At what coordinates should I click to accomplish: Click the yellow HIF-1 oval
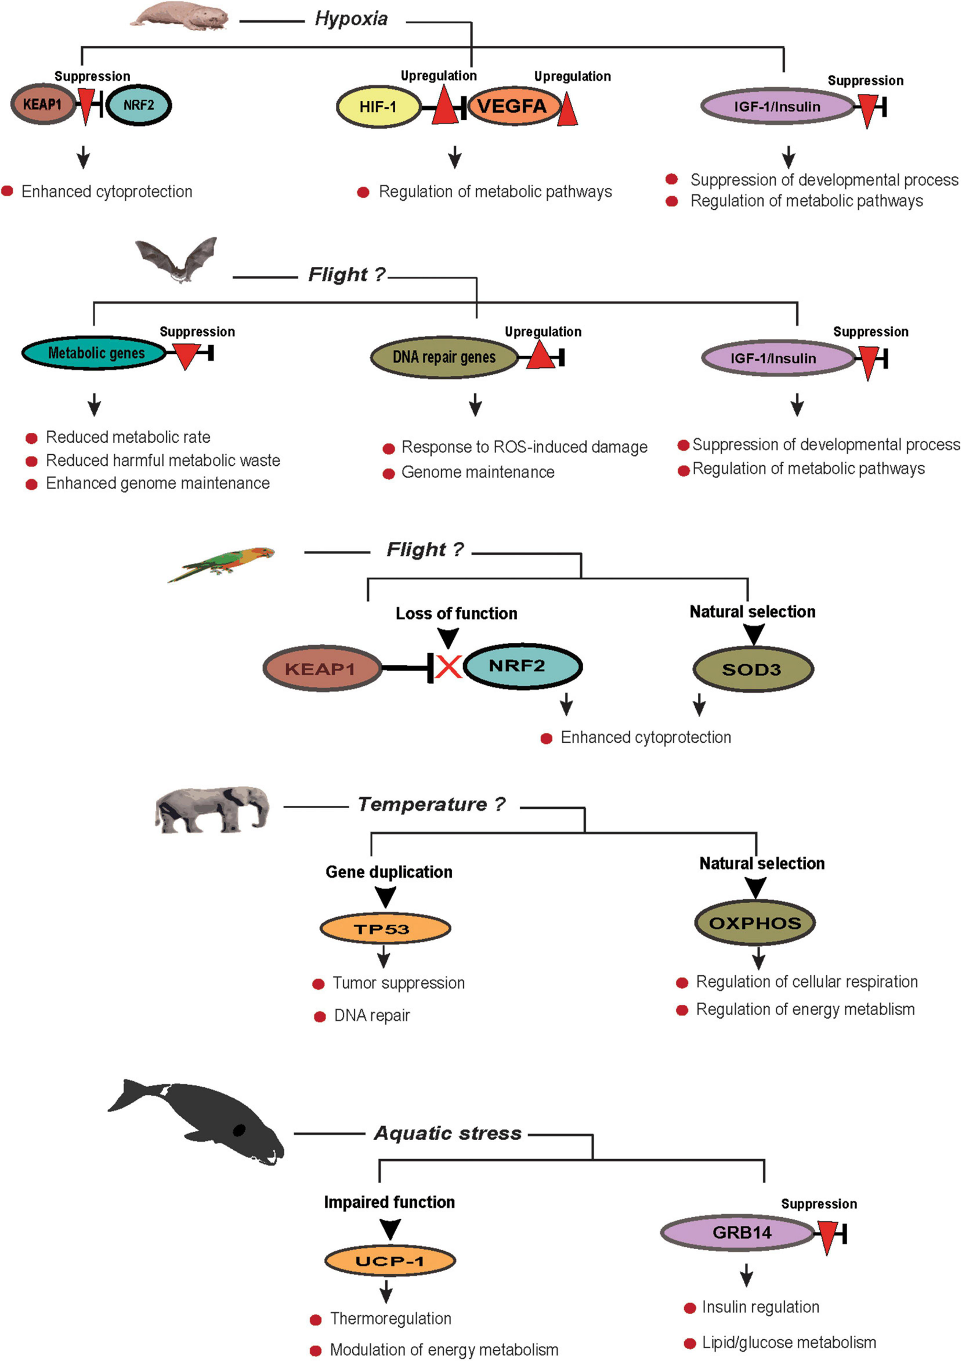[x=378, y=107]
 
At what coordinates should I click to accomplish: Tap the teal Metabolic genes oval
[x=95, y=353]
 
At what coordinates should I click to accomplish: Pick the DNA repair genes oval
[x=444, y=357]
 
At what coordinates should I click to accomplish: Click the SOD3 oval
[x=752, y=670]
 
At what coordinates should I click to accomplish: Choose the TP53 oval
[x=385, y=929]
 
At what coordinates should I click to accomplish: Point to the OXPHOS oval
[x=754, y=923]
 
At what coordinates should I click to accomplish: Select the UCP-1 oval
[x=389, y=1261]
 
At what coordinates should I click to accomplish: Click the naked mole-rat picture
[x=180, y=15]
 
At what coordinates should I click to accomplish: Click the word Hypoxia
[x=351, y=19]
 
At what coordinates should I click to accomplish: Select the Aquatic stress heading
[x=447, y=1134]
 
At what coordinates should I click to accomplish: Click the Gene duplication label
[x=389, y=872]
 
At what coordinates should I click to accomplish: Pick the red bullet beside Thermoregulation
[x=316, y=1319]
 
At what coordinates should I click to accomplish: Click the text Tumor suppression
[x=398, y=983]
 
